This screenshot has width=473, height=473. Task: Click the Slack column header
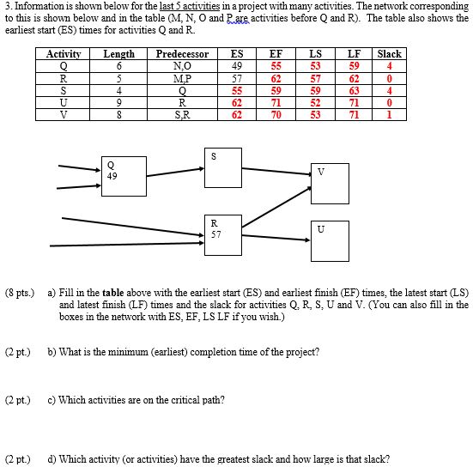point(389,54)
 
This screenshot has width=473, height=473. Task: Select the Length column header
point(118,54)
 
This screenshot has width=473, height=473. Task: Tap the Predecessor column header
point(182,54)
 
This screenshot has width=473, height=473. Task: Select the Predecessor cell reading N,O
point(182,65)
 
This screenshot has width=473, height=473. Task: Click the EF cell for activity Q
point(276,65)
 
